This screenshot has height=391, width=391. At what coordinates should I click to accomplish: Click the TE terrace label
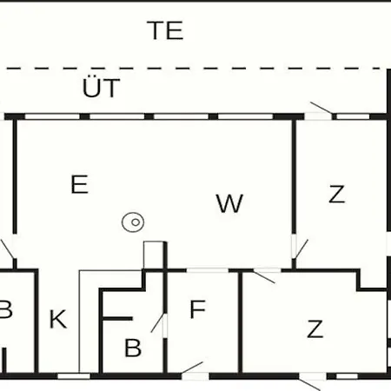coord(165,30)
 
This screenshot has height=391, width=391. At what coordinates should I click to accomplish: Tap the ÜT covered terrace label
coord(101,88)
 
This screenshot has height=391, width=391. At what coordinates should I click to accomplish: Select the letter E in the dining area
coord(79,184)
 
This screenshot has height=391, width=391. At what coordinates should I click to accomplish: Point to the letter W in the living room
coord(229,203)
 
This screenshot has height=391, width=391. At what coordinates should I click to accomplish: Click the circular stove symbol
coord(133,222)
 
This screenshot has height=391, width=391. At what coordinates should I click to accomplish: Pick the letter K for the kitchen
coord(58,319)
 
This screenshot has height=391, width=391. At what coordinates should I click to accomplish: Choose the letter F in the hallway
coord(197,309)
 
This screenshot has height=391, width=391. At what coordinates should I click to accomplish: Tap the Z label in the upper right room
coord(337,194)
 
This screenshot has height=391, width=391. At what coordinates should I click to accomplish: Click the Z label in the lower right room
coord(315,328)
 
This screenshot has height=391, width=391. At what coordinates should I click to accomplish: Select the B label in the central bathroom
coord(133,348)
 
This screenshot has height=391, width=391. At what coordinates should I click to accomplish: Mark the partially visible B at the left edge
coord(5,309)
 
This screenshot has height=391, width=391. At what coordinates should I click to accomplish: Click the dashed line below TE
coord(195,69)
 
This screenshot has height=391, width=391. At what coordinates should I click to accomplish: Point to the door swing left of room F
coord(157,322)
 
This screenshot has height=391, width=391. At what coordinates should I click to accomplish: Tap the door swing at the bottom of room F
coord(192,368)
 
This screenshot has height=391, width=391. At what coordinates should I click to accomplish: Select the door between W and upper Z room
coord(301,249)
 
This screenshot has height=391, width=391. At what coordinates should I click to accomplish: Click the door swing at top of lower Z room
coord(264,277)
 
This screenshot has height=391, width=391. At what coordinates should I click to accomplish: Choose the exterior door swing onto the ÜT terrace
coord(321,108)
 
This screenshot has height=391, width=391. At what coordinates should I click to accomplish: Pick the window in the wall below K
coord(74,376)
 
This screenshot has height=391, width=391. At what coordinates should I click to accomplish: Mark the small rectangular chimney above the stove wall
coord(154,255)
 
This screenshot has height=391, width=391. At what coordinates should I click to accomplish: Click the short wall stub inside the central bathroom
coord(118,319)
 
